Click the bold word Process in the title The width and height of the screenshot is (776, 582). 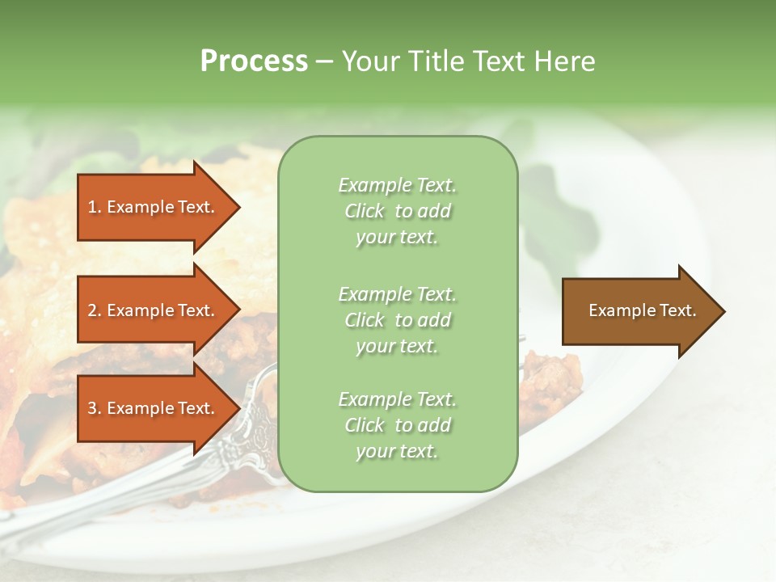click(x=254, y=61)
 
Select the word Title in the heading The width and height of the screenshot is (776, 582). click(x=437, y=61)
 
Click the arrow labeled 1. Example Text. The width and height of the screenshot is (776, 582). click(x=154, y=207)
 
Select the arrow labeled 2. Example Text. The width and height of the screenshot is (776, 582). click(x=154, y=310)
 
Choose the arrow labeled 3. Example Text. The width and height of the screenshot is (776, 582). click(x=154, y=408)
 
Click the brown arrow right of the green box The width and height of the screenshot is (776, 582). click(x=639, y=311)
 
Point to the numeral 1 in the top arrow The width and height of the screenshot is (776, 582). click(x=92, y=207)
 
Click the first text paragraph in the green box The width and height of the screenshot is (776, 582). click(x=398, y=211)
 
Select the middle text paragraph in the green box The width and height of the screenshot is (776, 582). click(x=398, y=320)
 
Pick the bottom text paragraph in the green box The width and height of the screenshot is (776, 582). click(x=398, y=425)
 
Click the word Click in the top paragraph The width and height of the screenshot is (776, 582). click(x=365, y=211)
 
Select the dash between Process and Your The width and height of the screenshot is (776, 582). click(x=324, y=61)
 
